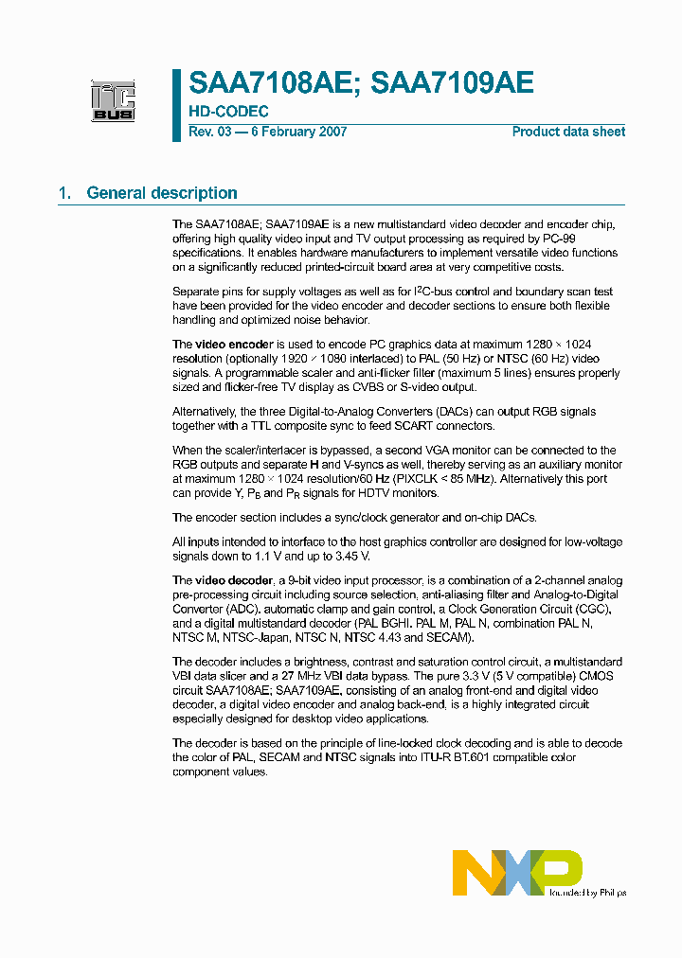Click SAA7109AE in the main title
pos(453,83)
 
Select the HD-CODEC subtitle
pos(228,112)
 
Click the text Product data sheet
pos(568,132)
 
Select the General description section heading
pos(161,193)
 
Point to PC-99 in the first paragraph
pos(601,239)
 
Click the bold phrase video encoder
pos(234,344)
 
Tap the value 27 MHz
pos(307,676)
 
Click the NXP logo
pos(516,872)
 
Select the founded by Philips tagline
pos(588,892)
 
